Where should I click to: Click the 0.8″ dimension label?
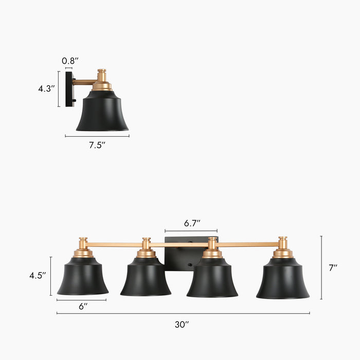(70, 61)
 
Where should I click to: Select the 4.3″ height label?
(46, 88)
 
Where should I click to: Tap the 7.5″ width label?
(97, 146)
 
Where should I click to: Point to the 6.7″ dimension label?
(192, 223)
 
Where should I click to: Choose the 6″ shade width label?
(83, 306)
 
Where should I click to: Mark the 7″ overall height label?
(333, 267)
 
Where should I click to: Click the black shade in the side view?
(102, 113)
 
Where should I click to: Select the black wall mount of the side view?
(69, 89)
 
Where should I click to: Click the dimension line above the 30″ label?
(183, 313)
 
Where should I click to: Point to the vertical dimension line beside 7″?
(321, 267)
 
